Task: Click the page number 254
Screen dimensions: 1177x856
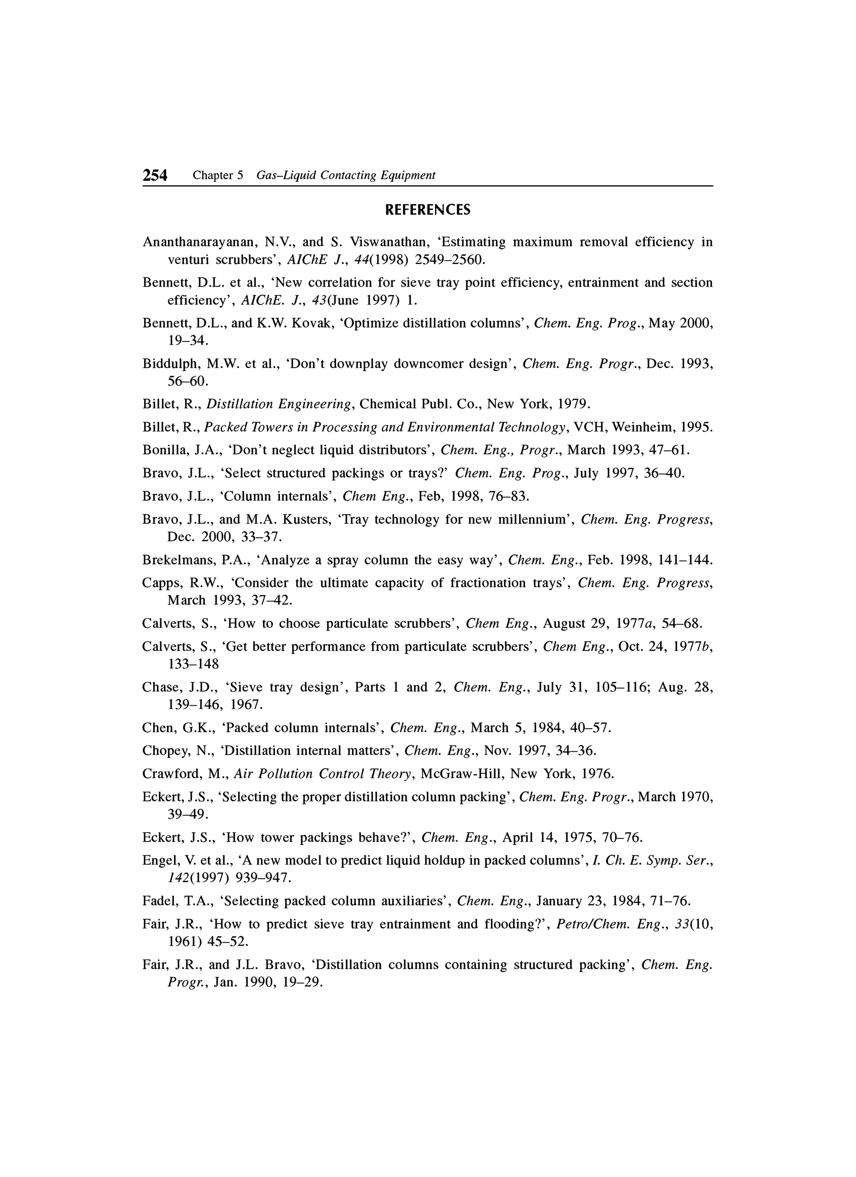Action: click(x=155, y=176)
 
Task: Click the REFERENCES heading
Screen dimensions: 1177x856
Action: click(x=428, y=210)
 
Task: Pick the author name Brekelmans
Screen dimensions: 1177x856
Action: click(x=178, y=560)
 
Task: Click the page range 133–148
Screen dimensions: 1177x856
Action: click(x=193, y=664)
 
